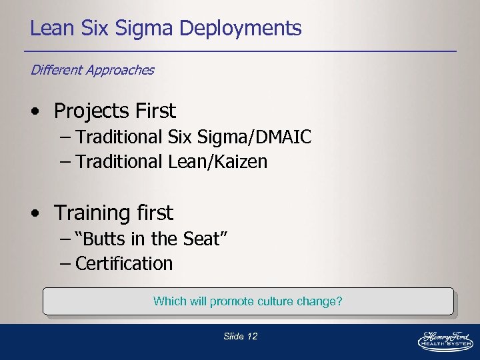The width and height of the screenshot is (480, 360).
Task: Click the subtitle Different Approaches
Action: point(92,70)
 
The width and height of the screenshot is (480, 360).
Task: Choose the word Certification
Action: point(124,263)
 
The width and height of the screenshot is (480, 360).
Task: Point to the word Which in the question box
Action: point(169,301)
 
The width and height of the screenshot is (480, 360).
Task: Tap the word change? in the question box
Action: point(319,301)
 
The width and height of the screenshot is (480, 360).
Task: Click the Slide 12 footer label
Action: point(240,337)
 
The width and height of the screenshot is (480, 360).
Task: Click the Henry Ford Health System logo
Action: point(444,340)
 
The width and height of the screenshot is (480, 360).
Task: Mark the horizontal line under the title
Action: point(240,51)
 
